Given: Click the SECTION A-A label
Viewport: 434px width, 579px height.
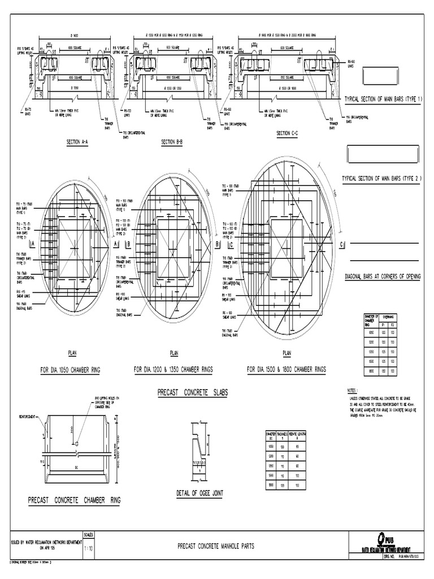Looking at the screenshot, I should tap(77, 142).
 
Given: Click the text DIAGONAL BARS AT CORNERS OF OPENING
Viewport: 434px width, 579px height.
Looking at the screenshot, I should tap(384, 278).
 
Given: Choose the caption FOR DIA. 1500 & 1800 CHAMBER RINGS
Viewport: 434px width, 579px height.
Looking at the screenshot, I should tap(287, 369).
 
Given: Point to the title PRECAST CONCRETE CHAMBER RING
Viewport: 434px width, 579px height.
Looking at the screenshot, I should tap(74, 500).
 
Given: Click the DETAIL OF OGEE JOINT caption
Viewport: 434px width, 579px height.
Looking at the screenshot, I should tap(199, 493).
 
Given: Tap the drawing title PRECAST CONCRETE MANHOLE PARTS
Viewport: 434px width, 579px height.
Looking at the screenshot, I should tap(216, 546).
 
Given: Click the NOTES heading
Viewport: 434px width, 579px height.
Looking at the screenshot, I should tap(353, 390).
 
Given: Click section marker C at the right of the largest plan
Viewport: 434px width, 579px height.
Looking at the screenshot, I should tap(341, 245).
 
